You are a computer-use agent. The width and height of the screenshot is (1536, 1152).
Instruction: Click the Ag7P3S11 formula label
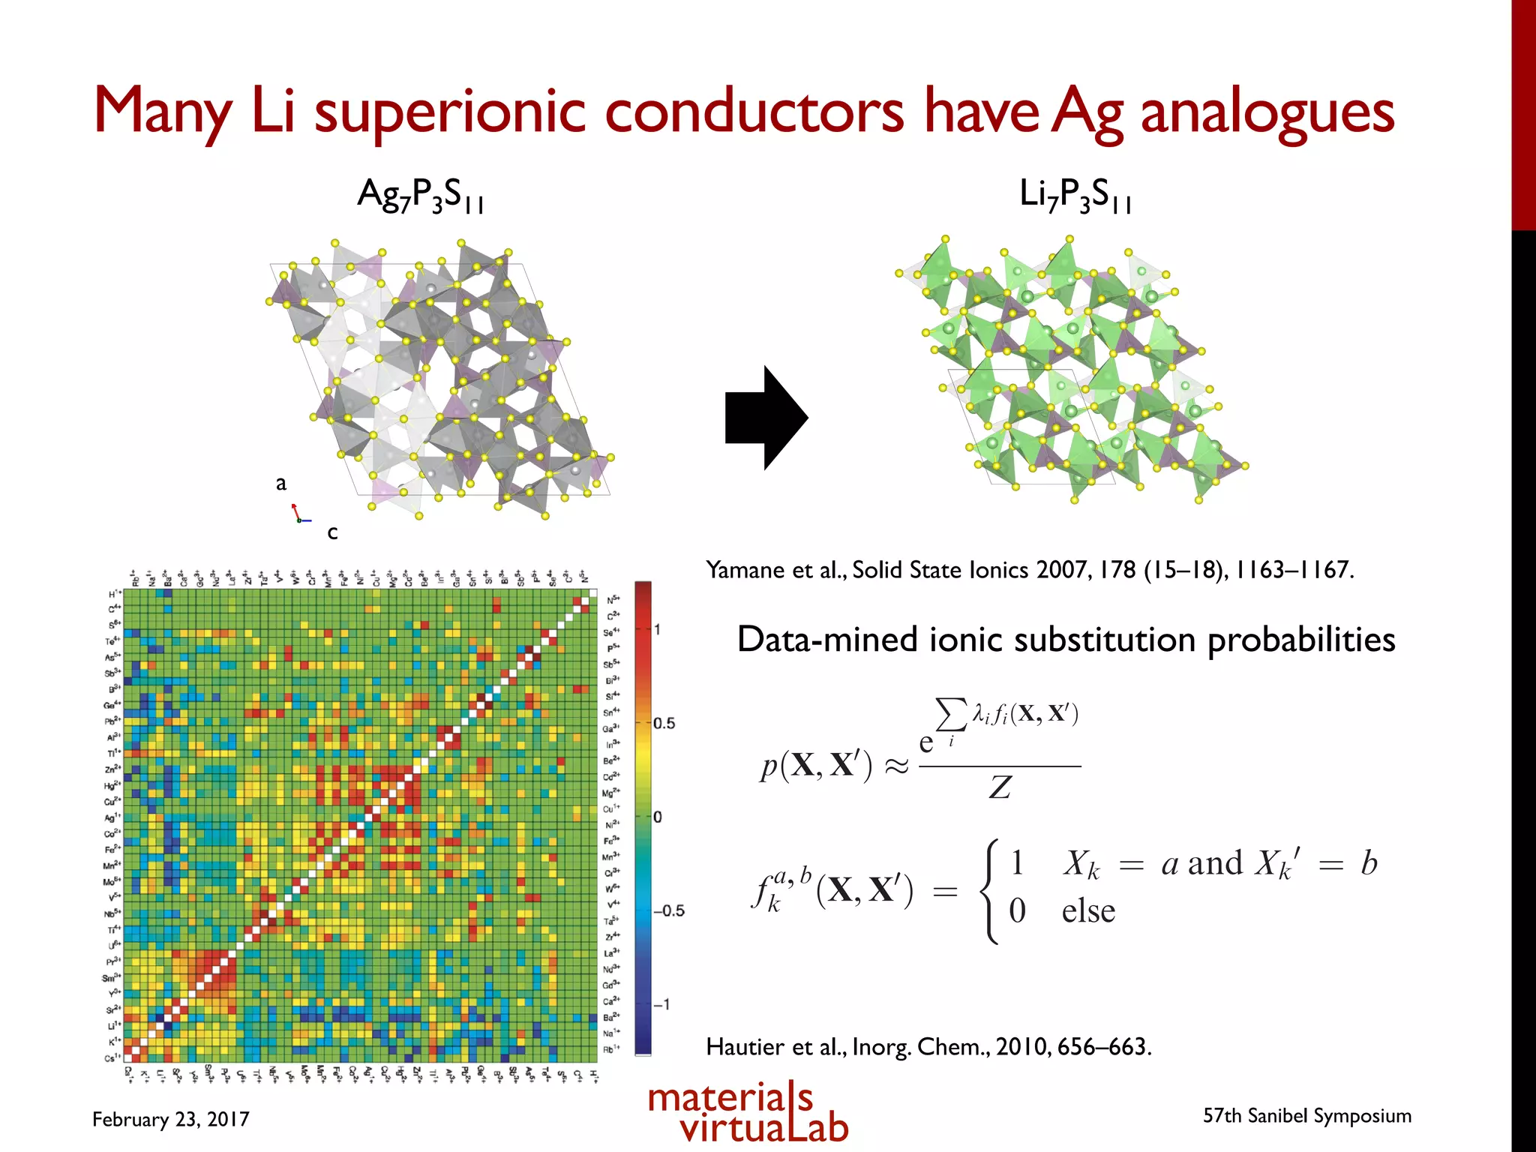click(421, 195)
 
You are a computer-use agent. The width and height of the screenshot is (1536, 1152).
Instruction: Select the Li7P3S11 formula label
click(1075, 195)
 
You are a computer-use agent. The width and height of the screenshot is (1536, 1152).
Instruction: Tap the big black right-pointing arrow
click(765, 418)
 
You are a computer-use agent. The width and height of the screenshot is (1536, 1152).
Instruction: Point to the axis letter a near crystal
click(281, 483)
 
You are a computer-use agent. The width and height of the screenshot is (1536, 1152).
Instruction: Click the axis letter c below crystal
click(332, 532)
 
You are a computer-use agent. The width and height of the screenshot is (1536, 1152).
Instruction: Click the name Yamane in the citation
click(745, 570)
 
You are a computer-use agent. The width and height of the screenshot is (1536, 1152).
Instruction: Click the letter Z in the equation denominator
click(1000, 787)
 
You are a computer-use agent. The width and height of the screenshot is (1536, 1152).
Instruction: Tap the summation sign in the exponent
click(950, 714)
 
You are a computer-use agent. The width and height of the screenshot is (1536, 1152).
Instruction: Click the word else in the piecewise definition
click(1087, 911)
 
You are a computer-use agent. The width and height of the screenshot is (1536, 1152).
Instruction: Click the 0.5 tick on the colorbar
click(664, 723)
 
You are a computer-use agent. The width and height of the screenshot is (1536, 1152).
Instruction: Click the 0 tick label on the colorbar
click(658, 817)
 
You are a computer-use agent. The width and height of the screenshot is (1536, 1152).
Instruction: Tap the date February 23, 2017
click(170, 1119)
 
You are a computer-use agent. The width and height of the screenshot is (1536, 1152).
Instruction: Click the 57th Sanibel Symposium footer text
click(1306, 1115)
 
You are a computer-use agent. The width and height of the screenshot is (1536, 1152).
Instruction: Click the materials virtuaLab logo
click(747, 1112)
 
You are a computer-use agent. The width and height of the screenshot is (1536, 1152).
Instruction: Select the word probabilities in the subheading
click(1300, 640)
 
